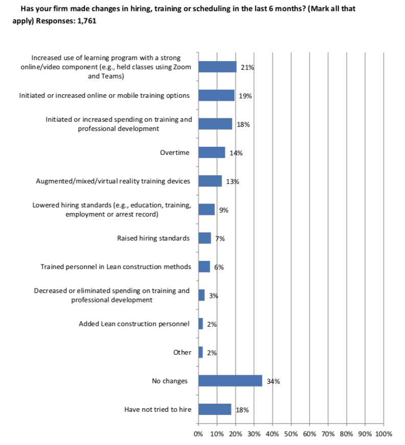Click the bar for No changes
click(x=230, y=381)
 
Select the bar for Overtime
click(x=211, y=152)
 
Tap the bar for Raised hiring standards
click(x=204, y=238)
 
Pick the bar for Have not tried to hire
click(x=215, y=409)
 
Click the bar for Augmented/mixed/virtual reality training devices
click(x=210, y=181)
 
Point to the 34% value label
click(x=273, y=381)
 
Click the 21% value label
click(x=247, y=68)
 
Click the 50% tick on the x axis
click(x=291, y=434)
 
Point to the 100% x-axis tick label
click(x=383, y=434)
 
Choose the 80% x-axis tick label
click(x=346, y=434)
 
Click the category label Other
click(x=182, y=352)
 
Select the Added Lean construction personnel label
click(x=134, y=324)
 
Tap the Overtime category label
click(x=175, y=152)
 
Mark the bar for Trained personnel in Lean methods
click(x=204, y=267)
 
